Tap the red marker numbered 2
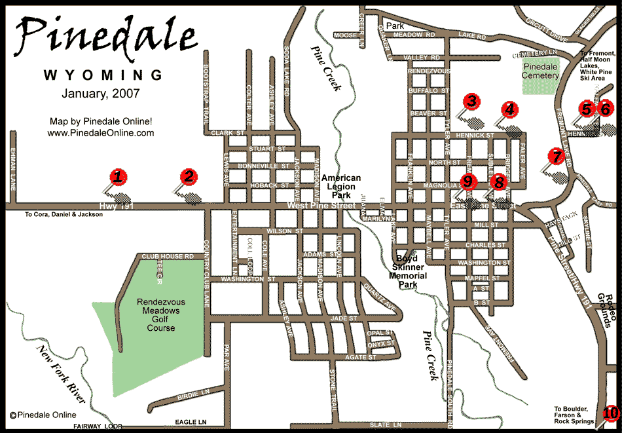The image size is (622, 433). [189, 176]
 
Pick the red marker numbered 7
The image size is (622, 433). [557, 156]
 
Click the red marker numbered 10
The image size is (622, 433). [610, 413]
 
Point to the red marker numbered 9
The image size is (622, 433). [469, 181]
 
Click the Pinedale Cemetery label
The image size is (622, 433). [540, 71]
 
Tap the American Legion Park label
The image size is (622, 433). [340, 187]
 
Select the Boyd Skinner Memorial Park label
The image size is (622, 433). [409, 267]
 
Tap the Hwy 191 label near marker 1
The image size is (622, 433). [111, 206]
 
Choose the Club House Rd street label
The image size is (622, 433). [168, 257]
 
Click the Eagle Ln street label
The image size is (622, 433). [193, 423]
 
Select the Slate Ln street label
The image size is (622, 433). [384, 424]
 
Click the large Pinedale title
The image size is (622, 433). [105, 36]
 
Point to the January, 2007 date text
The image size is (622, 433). [101, 94]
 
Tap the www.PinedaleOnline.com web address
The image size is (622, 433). [101, 132]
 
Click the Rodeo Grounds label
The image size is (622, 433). [608, 311]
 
